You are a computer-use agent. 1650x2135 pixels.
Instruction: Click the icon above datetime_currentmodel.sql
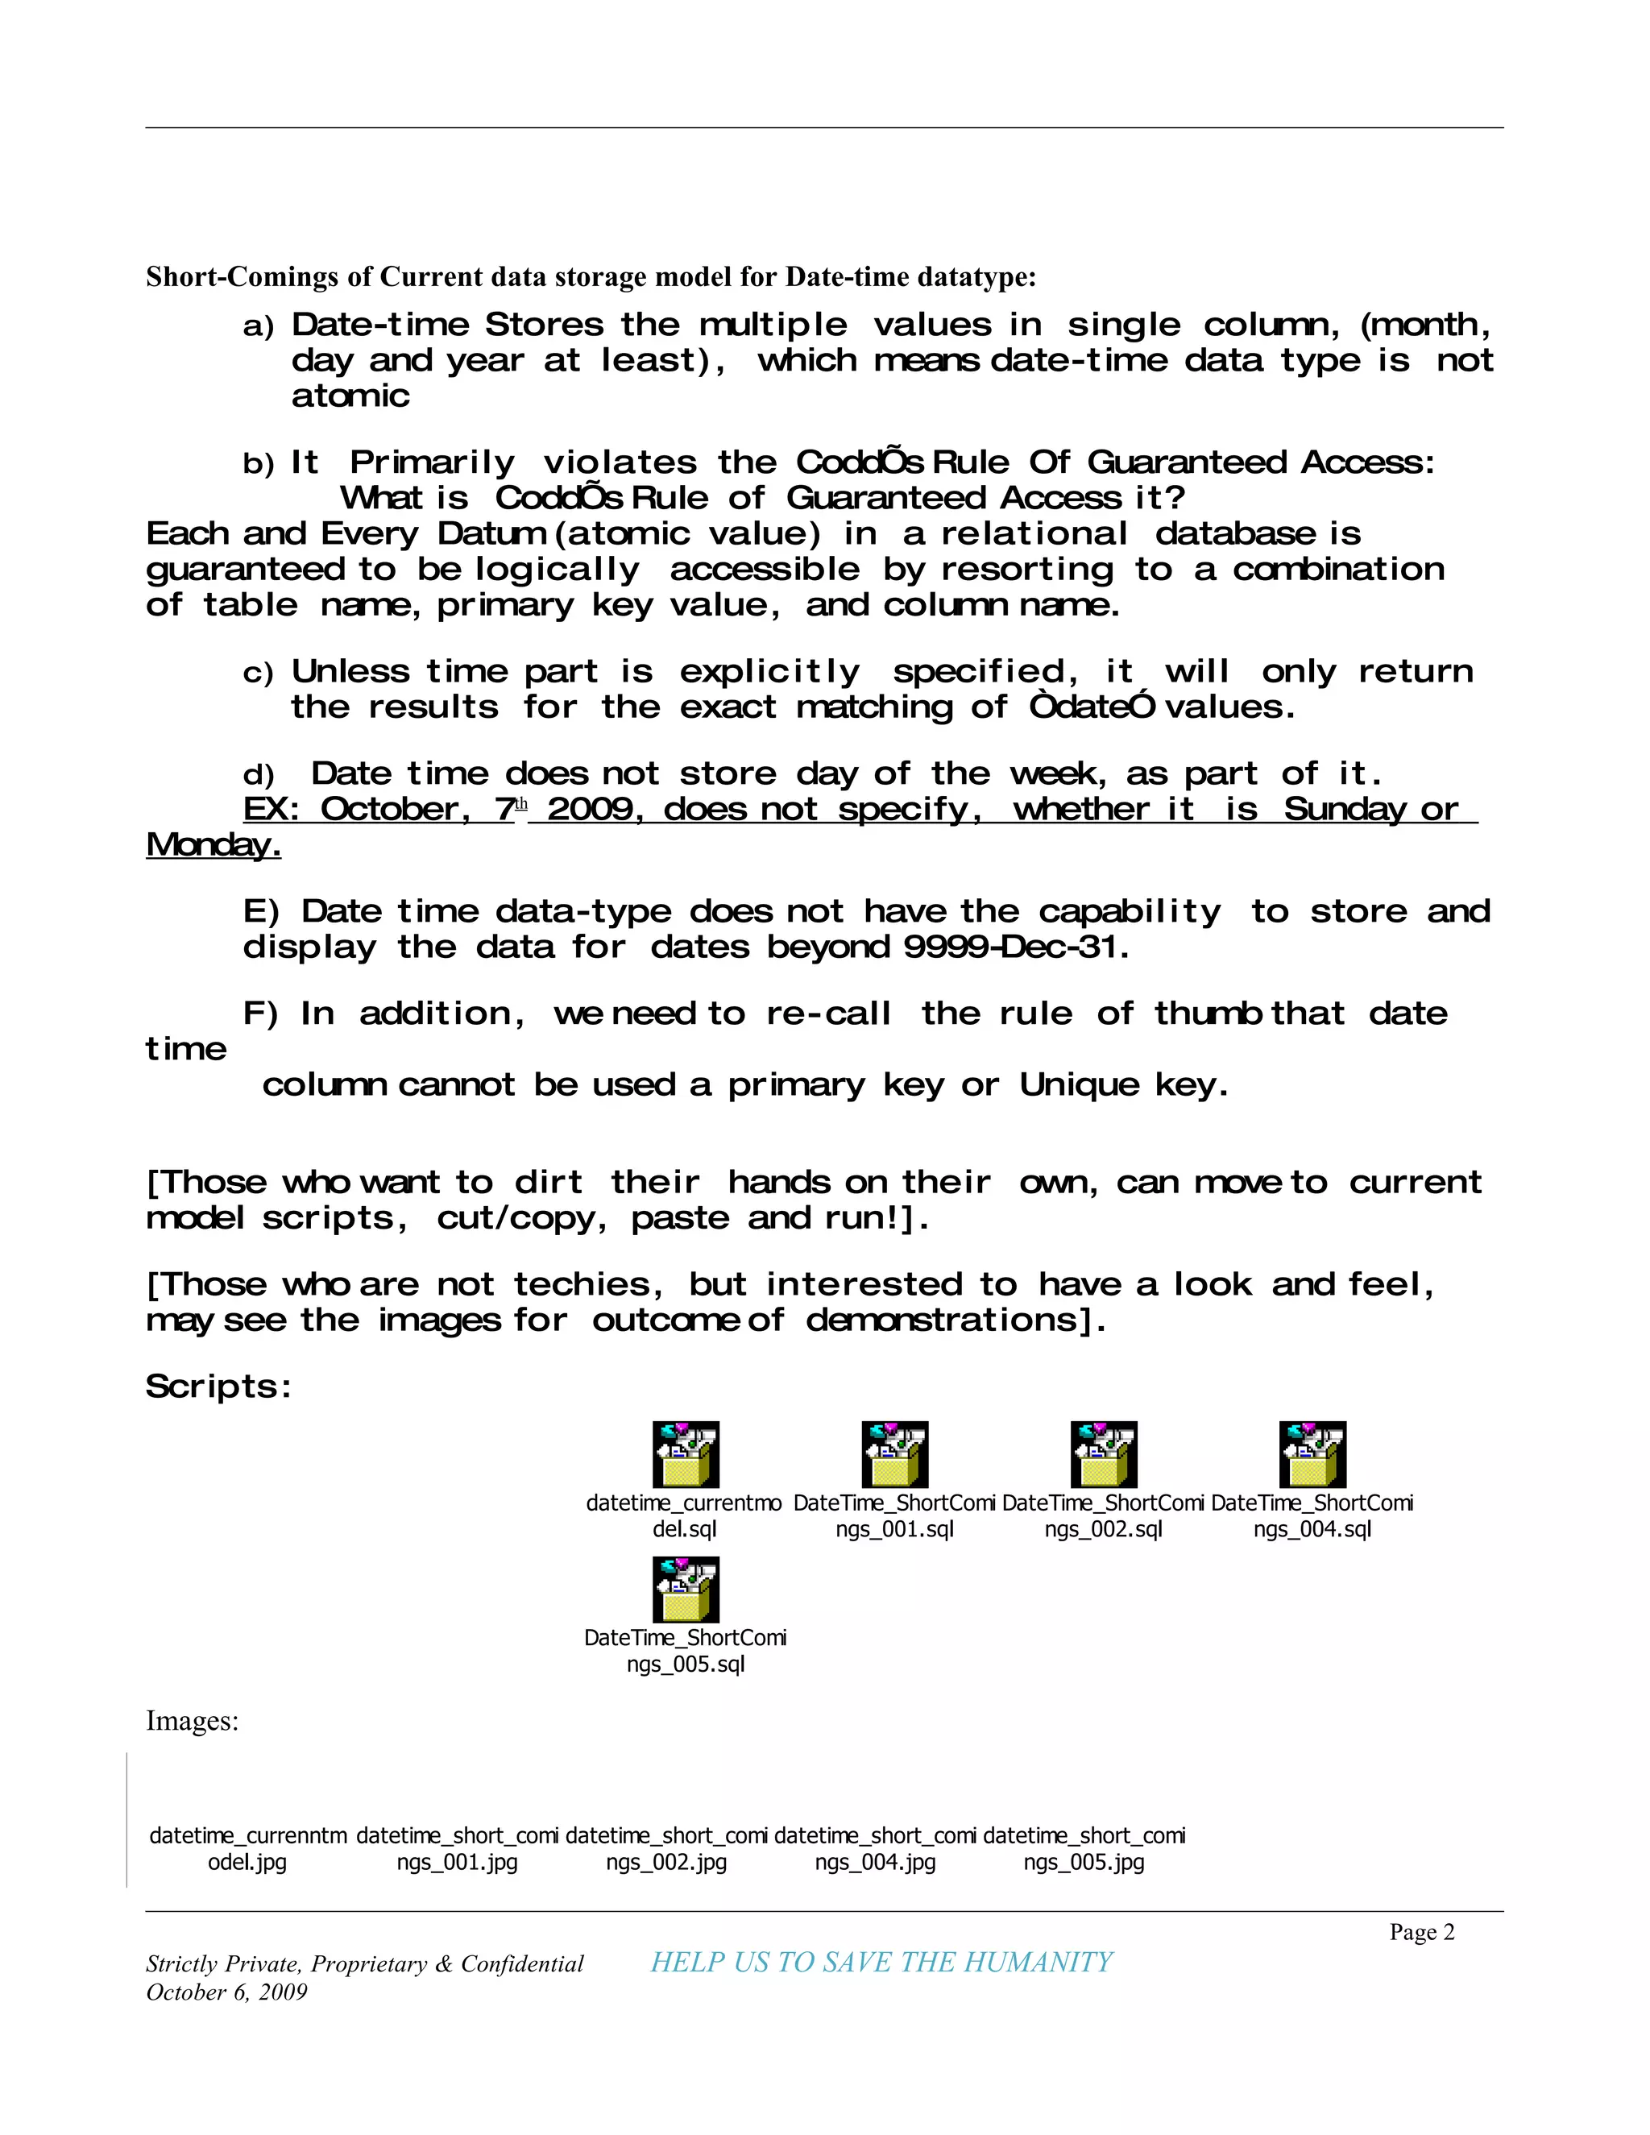point(686,1453)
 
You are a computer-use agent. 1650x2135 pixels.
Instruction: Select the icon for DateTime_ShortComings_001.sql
point(894,1453)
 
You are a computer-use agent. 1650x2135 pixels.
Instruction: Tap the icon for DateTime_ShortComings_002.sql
point(1104,1453)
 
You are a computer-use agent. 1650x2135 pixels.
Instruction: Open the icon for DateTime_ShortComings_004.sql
point(1312,1453)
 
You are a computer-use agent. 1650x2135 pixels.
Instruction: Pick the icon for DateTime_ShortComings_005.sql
point(686,1589)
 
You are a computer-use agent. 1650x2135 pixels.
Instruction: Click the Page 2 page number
point(1421,1932)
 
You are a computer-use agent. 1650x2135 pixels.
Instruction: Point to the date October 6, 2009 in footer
point(226,1992)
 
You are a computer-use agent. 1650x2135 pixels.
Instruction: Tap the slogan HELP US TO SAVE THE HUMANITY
point(881,1962)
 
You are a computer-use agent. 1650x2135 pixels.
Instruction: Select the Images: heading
point(193,1721)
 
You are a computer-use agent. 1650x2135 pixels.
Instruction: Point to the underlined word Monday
point(213,844)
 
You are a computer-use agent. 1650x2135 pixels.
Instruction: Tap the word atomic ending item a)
point(350,396)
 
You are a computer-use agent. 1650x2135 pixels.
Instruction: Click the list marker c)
point(258,673)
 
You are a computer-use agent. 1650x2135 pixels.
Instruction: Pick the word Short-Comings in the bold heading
point(243,278)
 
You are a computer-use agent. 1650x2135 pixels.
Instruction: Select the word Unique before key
point(1079,1084)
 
